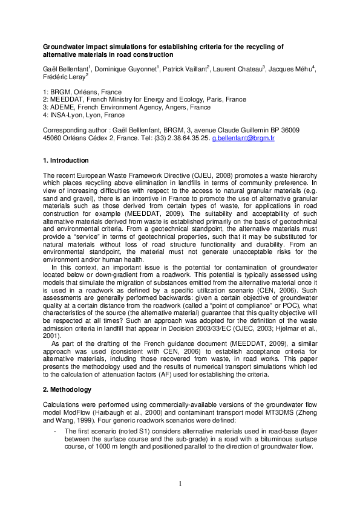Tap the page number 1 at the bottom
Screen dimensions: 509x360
180,483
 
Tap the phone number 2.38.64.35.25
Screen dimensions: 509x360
182,138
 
